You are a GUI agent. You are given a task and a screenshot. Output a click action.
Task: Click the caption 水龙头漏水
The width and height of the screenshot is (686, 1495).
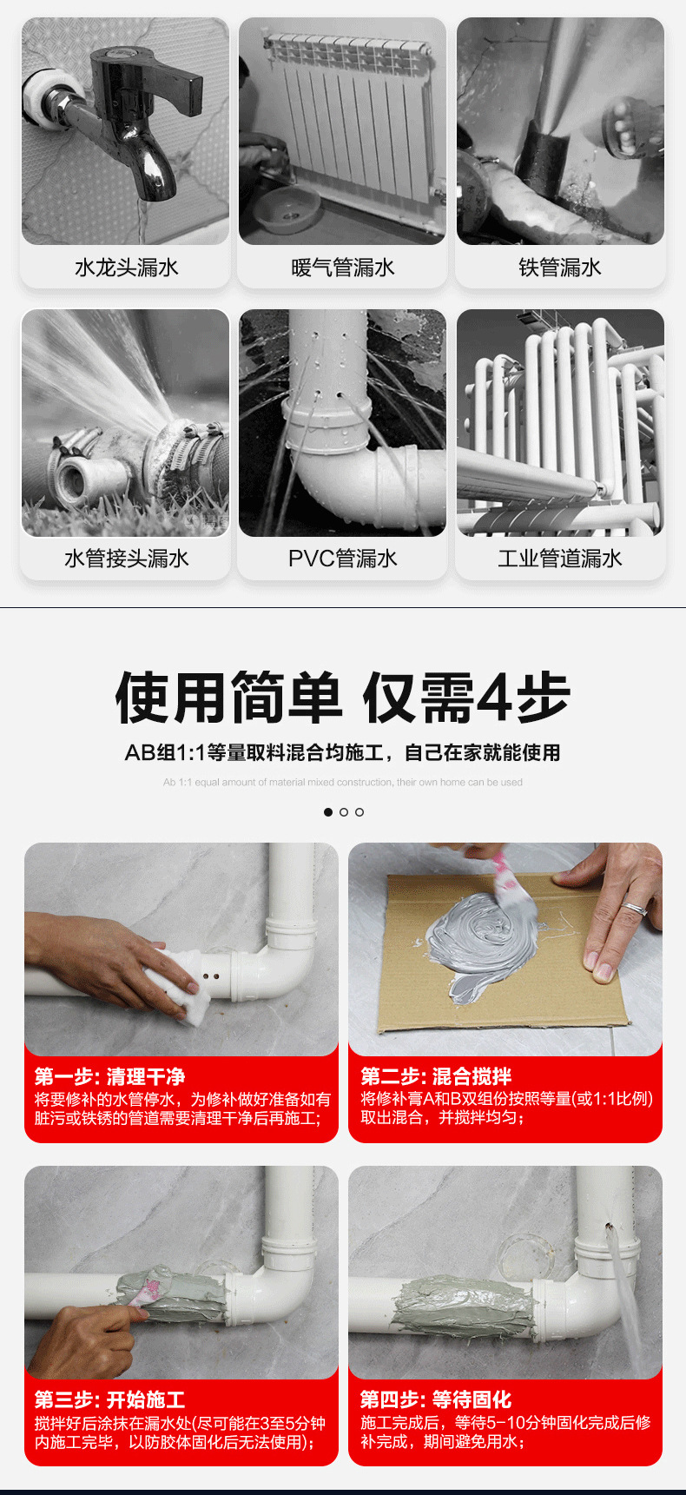point(126,268)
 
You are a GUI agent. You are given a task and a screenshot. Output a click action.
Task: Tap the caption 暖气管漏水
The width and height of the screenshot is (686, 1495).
point(343,268)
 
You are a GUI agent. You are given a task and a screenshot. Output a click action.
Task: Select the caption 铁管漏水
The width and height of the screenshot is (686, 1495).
point(560,268)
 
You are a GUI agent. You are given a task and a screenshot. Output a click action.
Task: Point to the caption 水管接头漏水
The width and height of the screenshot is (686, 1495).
point(126,559)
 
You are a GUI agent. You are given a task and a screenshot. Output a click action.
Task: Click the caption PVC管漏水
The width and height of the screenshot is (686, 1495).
point(343,559)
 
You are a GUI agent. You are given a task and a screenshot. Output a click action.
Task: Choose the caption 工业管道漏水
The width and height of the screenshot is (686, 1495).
point(560,559)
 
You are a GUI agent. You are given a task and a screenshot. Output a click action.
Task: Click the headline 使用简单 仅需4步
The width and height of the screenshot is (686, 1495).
point(343,698)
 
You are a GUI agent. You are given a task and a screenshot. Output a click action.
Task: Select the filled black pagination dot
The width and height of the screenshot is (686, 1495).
point(328,812)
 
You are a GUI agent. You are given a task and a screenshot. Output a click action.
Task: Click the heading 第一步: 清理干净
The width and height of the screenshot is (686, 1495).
point(109,1077)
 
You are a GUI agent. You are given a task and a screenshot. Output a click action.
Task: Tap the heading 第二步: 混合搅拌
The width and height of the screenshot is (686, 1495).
point(436,1077)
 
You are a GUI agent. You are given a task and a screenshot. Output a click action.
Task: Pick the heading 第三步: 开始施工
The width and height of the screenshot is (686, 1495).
point(109,1400)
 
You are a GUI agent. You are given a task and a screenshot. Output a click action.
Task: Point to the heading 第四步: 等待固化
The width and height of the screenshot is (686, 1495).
point(436,1400)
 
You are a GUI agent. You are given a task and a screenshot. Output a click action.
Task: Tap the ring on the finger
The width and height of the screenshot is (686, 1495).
point(635,910)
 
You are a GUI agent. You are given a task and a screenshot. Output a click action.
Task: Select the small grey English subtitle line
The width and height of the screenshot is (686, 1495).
point(343,783)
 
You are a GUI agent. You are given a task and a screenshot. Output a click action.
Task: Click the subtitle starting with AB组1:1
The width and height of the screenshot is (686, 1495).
point(343,752)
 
